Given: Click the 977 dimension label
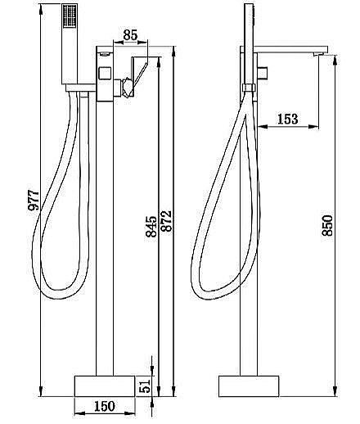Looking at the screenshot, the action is (x=34, y=201).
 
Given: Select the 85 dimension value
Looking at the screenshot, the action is (x=130, y=35).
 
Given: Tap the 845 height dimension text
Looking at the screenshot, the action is (x=151, y=227).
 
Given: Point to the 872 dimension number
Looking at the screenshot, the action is (x=166, y=221).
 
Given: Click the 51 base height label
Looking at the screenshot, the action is (x=145, y=386).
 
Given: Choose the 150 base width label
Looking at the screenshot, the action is (x=105, y=406).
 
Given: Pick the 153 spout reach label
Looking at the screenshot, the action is (x=287, y=120).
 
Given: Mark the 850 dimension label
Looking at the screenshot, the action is (x=327, y=225).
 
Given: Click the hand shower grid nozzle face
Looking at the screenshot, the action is (x=70, y=16).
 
